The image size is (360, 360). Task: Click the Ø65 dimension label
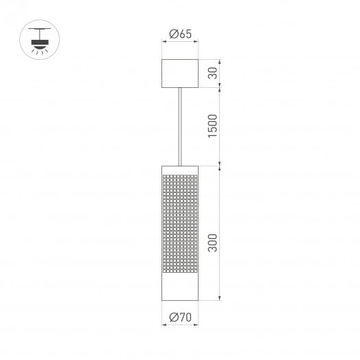coord(180,33)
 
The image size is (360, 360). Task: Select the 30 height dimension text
coord(213,74)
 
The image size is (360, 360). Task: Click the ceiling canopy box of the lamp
coord(179,74)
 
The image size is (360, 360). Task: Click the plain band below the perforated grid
coord(180,289)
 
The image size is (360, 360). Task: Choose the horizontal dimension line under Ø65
coord(179,42)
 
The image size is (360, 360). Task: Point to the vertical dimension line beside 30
coord(220,74)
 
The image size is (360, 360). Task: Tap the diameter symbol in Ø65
coord(172,33)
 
